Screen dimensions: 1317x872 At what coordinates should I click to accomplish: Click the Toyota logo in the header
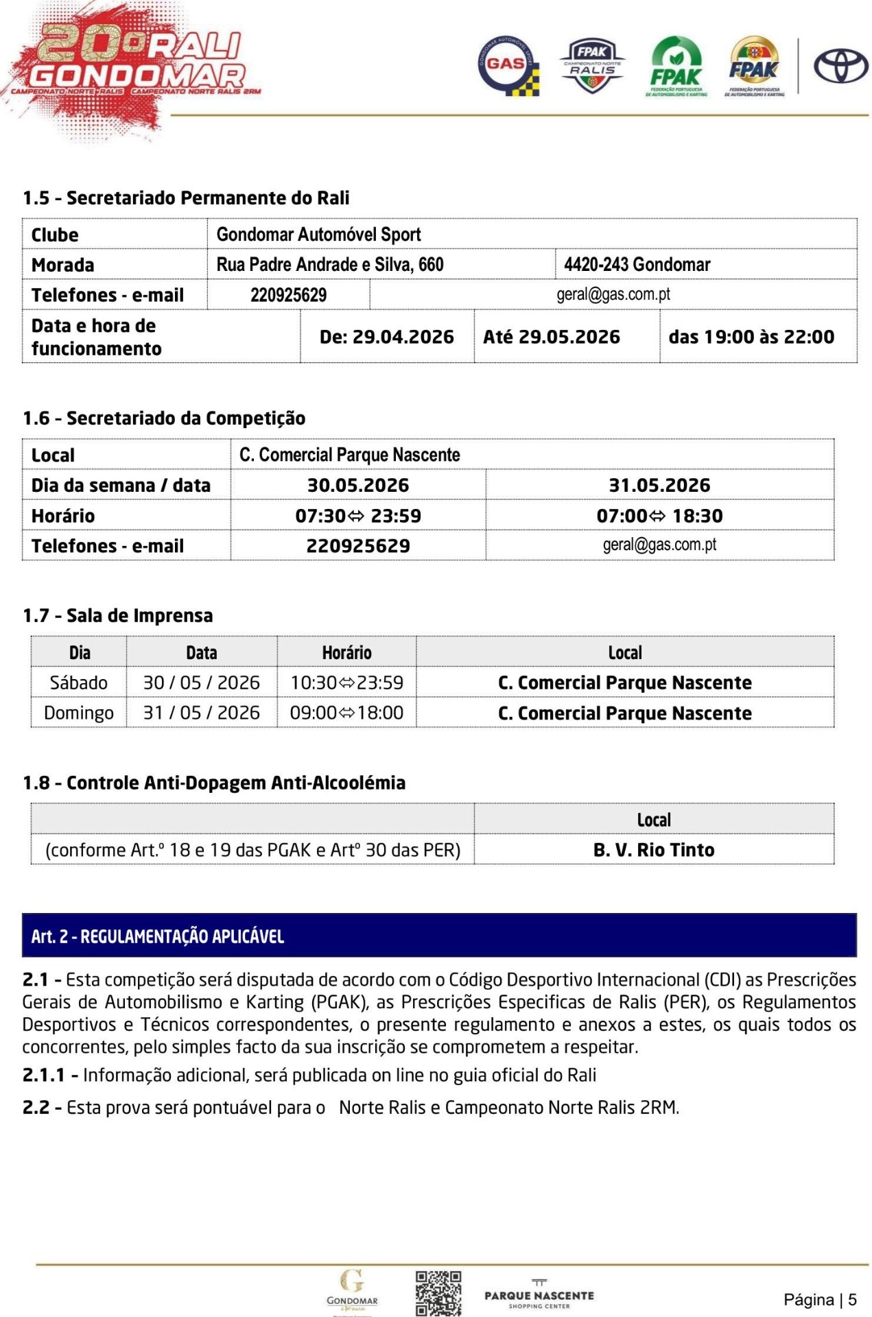[840, 67]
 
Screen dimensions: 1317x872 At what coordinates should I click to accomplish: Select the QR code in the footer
[438, 1293]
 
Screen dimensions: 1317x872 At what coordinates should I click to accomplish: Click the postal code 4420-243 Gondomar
[637, 265]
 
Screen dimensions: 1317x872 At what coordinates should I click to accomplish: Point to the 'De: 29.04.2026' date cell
[386, 337]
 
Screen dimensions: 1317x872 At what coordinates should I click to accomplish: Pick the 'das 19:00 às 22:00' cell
[751, 337]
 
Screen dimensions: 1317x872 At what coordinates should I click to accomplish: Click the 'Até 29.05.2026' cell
[551, 337]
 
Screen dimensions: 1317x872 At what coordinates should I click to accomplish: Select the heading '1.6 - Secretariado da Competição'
[164, 418]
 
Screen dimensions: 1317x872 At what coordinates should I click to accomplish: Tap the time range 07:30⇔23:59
[358, 516]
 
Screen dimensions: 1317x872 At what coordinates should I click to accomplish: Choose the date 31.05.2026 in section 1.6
[659, 486]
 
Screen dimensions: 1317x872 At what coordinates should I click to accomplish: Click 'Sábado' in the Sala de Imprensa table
[79, 683]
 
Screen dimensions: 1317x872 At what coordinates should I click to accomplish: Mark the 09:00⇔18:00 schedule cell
[346, 713]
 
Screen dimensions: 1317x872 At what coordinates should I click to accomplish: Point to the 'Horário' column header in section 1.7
[346, 652]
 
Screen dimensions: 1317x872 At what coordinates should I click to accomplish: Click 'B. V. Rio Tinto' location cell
[654, 850]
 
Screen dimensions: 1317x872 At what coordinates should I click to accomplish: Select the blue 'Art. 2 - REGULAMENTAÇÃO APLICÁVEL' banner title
[157, 936]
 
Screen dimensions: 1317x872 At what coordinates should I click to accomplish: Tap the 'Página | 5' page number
[820, 1299]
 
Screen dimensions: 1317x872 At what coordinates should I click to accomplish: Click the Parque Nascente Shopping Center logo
[539, 1294]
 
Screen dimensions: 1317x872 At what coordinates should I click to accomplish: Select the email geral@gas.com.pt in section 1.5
[613, 295]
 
